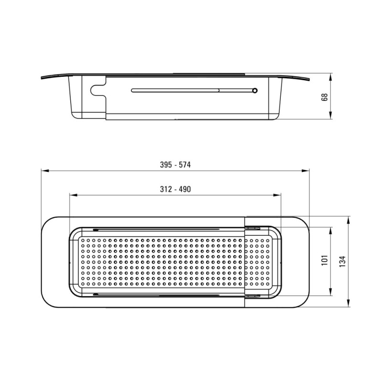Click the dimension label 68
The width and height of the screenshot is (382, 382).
[x=325, y=97]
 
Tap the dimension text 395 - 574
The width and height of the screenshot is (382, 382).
[x=175, y=165]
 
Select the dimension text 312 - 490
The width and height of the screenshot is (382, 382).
[x=175, y=189]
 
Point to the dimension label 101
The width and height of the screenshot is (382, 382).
[x=325, y=260]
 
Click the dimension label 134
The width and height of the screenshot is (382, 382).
[x=342, y=261]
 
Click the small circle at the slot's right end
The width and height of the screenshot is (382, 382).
[x=255, y=91]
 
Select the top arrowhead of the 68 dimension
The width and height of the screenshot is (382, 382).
[x=330, y=77]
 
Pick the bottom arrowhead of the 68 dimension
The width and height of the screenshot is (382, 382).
[x=330, y=115]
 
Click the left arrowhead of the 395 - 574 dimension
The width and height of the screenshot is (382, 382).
[x=45, y=171]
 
